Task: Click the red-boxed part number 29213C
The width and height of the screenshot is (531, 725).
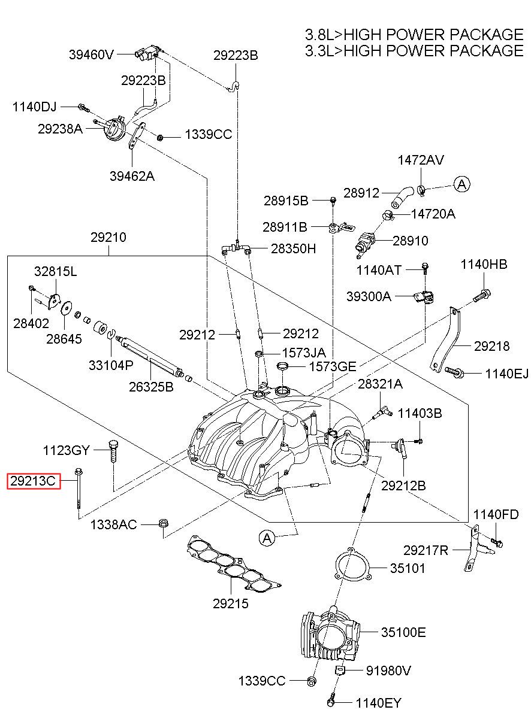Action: [34, 481]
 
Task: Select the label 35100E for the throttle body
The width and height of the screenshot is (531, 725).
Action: [403, 632]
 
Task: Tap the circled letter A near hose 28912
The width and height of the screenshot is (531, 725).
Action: [461, 184]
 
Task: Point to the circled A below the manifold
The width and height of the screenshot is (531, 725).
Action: [267, 538]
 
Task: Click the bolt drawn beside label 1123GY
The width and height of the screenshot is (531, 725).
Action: [113, 451]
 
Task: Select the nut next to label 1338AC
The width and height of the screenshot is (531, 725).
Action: [163, 523]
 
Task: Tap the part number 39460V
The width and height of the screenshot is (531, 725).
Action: [91, 54]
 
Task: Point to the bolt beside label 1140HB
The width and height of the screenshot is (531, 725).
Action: [482, 296]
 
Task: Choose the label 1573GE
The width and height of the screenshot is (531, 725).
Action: [333, 367]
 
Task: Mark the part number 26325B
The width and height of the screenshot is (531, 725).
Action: [151, 387]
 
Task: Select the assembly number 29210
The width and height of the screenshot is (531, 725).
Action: [108, 237]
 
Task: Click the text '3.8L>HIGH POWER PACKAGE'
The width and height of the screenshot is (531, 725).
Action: [414, 35]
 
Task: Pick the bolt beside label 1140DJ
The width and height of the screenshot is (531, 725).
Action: [83, 107]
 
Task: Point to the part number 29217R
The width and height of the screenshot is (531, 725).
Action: [426, 550]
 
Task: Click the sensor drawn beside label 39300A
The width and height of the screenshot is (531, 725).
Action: [424, 297]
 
